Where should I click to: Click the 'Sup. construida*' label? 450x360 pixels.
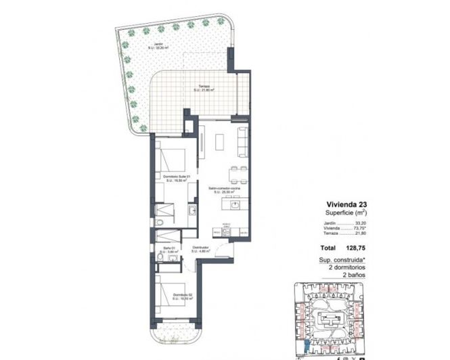pyautogui.click(x=342, y=260)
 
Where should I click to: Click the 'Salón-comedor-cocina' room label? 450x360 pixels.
pyautogui.click(x=223, y=188)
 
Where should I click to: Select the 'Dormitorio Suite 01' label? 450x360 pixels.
pyautogui.click(x=177, y=177)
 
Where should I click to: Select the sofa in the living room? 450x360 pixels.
pyautogui.click(x=242, y=140)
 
